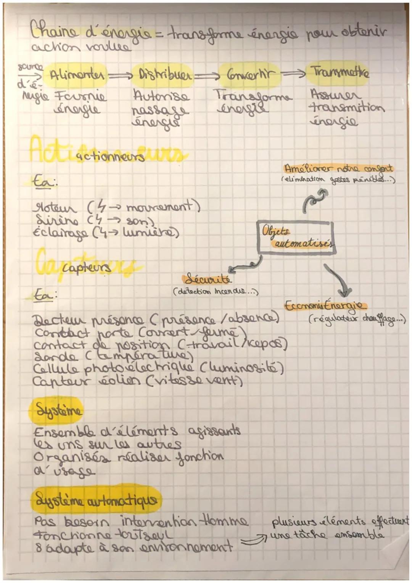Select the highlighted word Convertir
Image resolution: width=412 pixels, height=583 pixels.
249,73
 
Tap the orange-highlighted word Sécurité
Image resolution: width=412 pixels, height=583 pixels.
208,279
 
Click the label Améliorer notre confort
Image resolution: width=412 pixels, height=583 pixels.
338,168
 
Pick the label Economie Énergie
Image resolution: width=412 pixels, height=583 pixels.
325,306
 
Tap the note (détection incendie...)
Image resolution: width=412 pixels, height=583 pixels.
216,292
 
